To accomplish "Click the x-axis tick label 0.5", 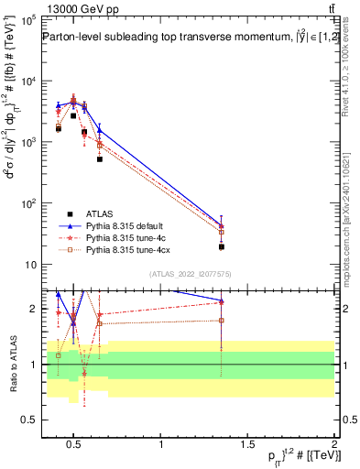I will (75, 445).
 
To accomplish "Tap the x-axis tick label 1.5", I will (247, 445).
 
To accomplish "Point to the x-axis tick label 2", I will (333, 445).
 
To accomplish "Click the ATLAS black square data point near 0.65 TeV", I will (100, 159).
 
